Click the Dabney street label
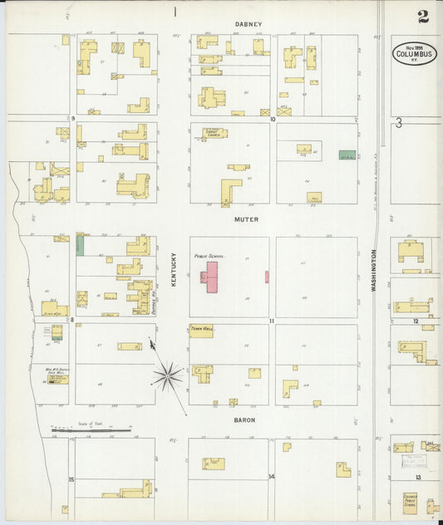[x=248, y=24]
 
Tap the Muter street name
[x=247, y=220]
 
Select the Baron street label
[x=244, y=420]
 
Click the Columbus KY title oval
[x=415, y=53]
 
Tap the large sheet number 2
[x=424, y=16]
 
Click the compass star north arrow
[x=167, y=376]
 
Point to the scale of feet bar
[x=91, y=430]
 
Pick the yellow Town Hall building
[x=201, y=331]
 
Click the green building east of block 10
[x=347, y=155]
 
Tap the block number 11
[x=271, y=320]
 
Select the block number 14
[x=271, y=477]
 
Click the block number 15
[x=71, y=479]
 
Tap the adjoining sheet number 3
[x=399, y=123]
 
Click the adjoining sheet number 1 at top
[x=175, y=12]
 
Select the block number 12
[x=416, y=321]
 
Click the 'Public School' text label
[x=210, y=257]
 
